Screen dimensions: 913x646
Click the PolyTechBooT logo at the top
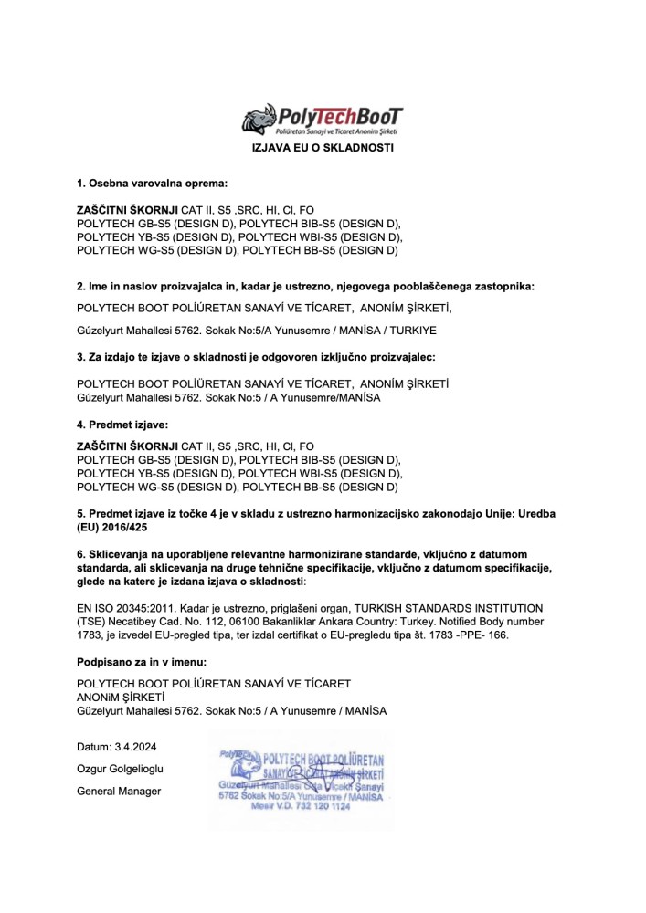(x=322, y=120)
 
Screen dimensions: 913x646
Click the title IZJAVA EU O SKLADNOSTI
(x=323, y=148)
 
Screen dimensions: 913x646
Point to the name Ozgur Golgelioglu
(x=122, y=770)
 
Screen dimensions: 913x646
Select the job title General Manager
(x=119, y=791)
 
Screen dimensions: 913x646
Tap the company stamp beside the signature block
(x=302, y=781)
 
